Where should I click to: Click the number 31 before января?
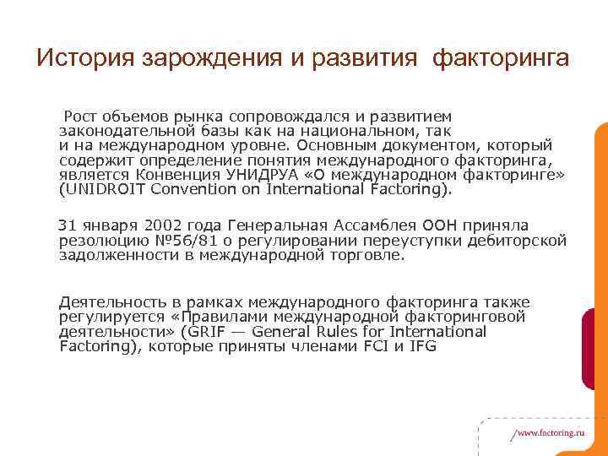tap(66, 225)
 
